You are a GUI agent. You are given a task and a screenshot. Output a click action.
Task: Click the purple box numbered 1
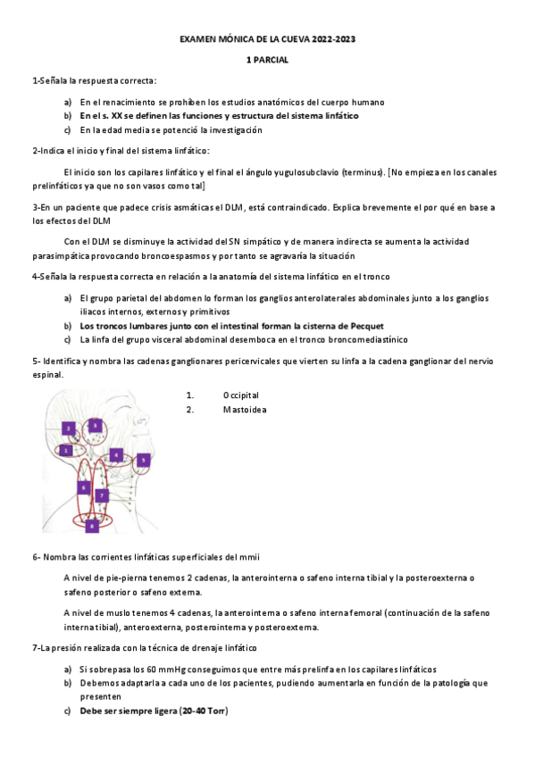pos(66,451)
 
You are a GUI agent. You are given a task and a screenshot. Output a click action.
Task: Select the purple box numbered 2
pos(68,428)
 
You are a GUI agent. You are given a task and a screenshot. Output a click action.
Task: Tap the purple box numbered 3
pos(95,425)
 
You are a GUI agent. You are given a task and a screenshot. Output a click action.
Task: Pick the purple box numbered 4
pos(116,454)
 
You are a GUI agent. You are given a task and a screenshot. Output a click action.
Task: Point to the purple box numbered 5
pos(144,461)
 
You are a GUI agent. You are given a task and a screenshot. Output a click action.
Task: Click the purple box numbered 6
pos(83,487)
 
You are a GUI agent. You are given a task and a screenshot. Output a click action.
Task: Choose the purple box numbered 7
pos(102,495)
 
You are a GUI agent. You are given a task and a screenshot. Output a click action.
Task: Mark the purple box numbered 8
pos(91,527)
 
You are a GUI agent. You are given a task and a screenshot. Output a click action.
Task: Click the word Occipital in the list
pos(241,395)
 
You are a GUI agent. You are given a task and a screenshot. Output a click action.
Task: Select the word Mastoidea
pos(244,410)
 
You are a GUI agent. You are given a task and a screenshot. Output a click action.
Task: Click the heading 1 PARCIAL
pos(267,60)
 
